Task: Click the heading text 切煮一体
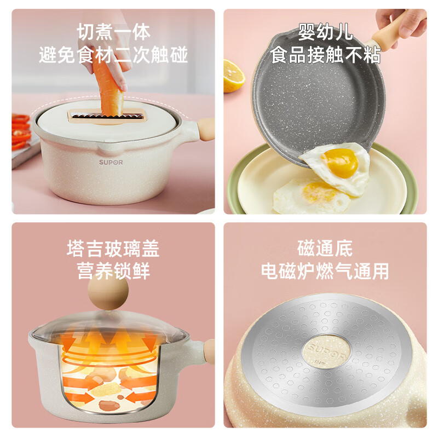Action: point(113,32)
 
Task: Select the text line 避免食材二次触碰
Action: point(113,55)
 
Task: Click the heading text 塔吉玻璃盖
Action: point(113,249)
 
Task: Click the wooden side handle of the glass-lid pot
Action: point(209,349)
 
